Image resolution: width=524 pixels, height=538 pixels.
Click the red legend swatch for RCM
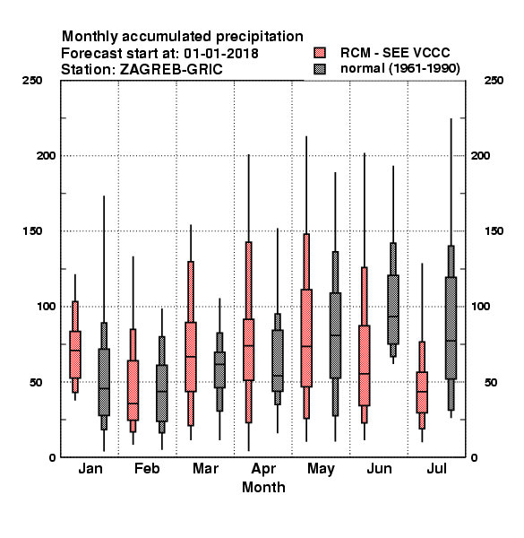point(320,53)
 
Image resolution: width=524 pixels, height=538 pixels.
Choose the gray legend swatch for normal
point(320,69)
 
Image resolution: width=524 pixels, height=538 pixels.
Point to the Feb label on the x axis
point(147,468)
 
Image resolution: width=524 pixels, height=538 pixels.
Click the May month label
point(321,469)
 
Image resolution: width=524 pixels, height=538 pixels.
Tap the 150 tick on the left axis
point(32,231)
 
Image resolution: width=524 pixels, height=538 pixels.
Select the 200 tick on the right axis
point(480,156)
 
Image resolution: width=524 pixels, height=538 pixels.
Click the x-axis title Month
point(263,487)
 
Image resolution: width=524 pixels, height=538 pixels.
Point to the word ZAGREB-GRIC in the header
point(171,70)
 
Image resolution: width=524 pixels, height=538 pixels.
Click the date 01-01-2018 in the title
point(221,54)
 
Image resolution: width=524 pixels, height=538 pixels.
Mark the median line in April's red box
point(248,345)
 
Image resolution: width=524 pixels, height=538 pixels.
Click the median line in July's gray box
point(451,341)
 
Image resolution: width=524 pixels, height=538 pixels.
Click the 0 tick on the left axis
point(52,457)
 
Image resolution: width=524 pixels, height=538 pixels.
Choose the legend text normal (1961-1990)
point(399,69)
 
